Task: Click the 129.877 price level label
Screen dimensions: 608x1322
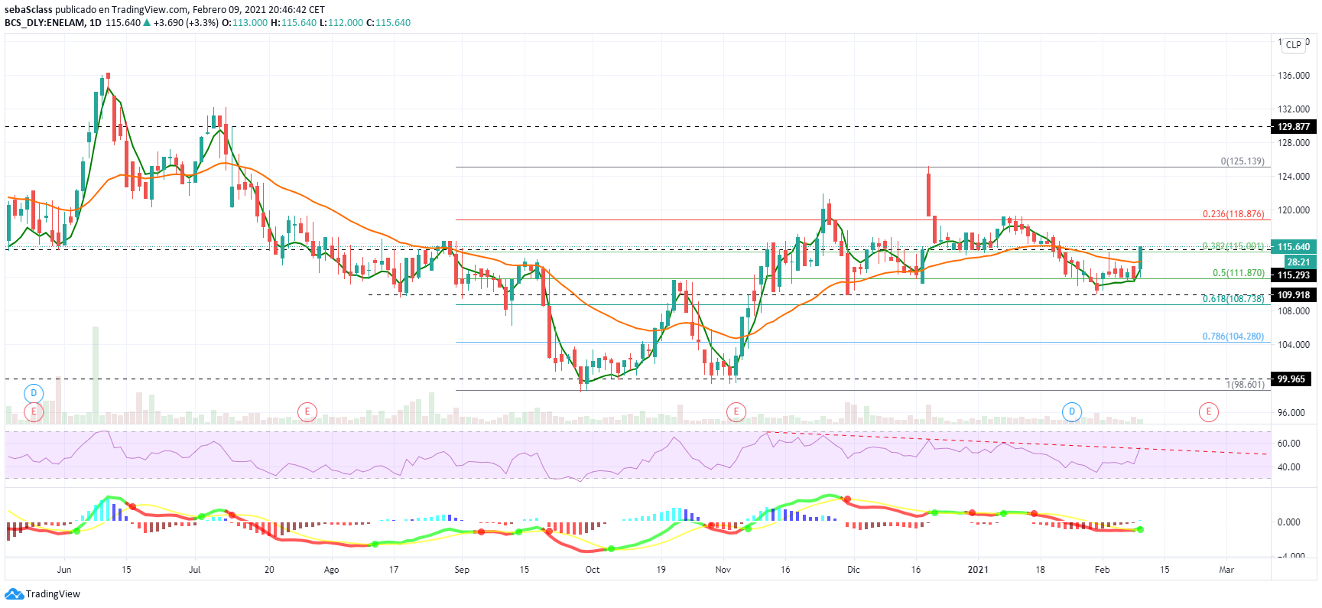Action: coord(1293,127)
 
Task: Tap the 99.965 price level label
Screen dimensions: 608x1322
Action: coord(1293,379)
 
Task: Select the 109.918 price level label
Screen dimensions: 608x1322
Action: coord(1293,295)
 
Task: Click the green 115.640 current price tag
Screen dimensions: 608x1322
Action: coord(1293,247)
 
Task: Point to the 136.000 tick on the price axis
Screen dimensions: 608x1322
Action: coord(1293,76)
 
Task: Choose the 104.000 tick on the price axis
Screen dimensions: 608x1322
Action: coord(1293,345)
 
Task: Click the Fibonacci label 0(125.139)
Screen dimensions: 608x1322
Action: coord(1242,161)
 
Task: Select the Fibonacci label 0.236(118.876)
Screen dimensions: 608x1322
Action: coord(1233,214)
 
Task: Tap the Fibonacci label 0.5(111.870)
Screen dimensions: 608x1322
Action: coord(1238,273)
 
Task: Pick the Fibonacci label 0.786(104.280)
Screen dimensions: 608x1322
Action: coord(1233,337)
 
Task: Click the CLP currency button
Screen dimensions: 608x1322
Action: coord(1293,45)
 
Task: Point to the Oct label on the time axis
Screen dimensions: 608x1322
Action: coord(593,570)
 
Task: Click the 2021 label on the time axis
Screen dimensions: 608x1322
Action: coord(978,570)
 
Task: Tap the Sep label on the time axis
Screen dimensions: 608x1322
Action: coord(462,570)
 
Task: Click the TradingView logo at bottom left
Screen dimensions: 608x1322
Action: coord(43,594)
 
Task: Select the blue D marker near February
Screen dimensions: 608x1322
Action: coord(1072,412)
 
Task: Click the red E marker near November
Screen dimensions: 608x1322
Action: coord(736,412)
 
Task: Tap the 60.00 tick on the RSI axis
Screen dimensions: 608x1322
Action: coord(1288,444)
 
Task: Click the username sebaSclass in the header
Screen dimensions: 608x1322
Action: coord(28,10)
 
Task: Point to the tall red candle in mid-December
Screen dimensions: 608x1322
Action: coord(929,194)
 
